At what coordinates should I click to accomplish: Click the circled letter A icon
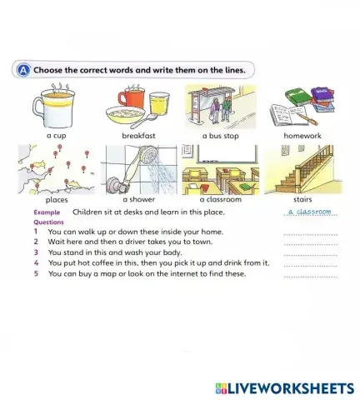tap(22, 70)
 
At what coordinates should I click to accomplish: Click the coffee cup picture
tap(55, 106)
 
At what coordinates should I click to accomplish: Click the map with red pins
tap(56, 169)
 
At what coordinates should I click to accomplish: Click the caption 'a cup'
tap(56, 135)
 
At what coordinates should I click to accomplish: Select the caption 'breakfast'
tap(137, 135)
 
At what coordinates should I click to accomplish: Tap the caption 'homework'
tap(302, 135)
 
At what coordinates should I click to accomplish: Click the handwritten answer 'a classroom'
tap(309, 212)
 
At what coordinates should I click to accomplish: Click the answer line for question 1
tap(310, 234)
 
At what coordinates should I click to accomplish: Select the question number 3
tap(37, 252)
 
